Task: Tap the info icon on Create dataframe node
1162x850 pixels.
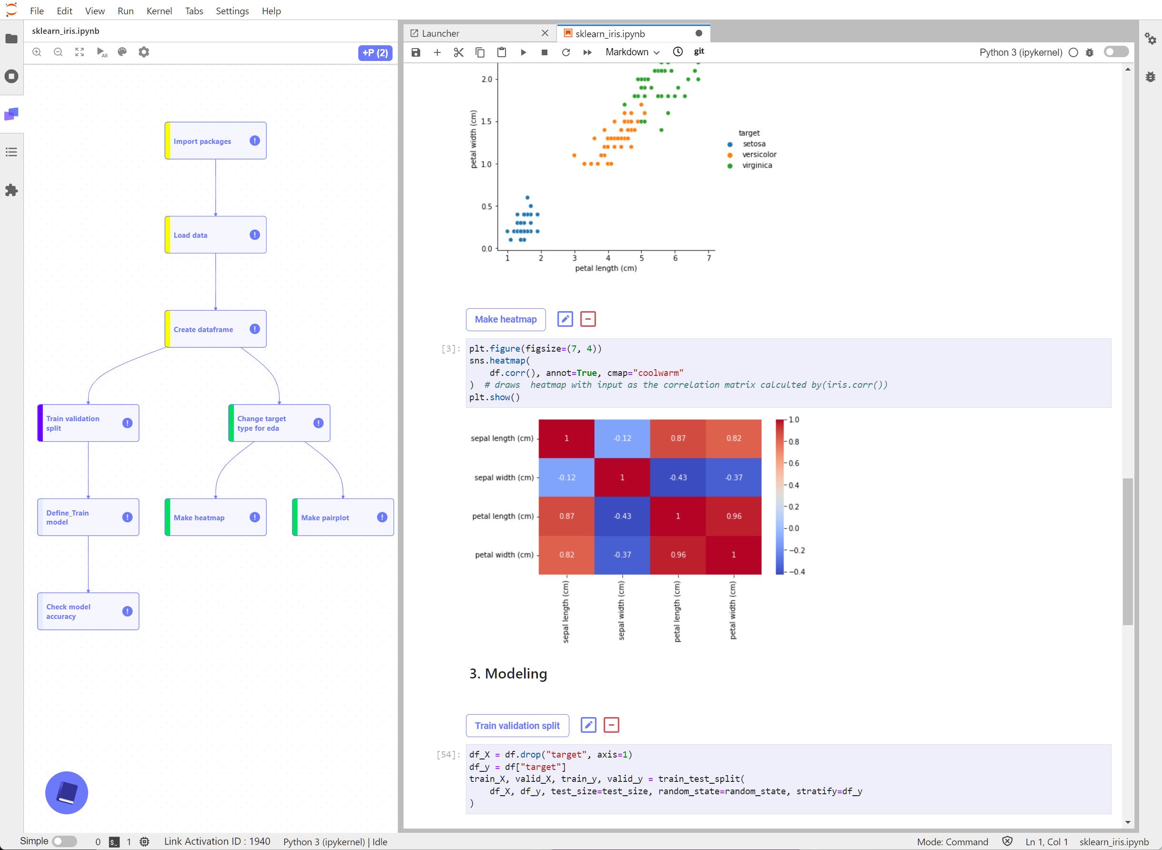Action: pos(254,329)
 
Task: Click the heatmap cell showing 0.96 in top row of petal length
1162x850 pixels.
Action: pos(734,516)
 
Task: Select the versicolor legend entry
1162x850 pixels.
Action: pos(759,154)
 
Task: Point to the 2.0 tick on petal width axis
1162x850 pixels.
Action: pos(486,79)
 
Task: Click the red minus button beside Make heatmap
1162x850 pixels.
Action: pos(587,319)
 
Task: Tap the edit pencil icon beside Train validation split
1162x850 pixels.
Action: pos(588,725)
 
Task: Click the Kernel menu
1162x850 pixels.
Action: pos(159,11)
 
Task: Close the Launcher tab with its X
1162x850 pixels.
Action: pos(545,33)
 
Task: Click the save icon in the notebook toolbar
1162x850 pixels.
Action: pos(415,52)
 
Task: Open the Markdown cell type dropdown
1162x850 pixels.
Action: pos(632,52)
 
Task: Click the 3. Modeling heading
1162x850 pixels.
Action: pos(508,674)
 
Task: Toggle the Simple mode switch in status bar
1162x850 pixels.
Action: pos(64,841)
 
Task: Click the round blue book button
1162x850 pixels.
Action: pos(67,792)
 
